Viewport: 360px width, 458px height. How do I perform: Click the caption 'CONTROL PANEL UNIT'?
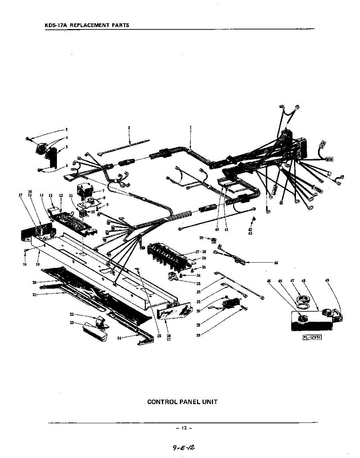point(182,402)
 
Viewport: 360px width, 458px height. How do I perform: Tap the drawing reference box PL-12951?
point(312,336)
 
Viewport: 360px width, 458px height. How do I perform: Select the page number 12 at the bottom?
point(184,428)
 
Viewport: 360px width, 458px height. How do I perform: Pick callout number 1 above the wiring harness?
point(190,127)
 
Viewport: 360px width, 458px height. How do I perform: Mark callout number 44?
point(276,263)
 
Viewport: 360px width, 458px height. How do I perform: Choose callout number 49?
point(327,281)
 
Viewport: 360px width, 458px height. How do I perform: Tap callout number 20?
point(34,282)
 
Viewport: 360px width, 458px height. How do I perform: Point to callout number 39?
point(201,238)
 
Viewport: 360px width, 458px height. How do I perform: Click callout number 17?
point(21,195)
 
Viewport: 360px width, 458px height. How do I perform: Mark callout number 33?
point(199,283)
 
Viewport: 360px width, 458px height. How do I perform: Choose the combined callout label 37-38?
point(201,252)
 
